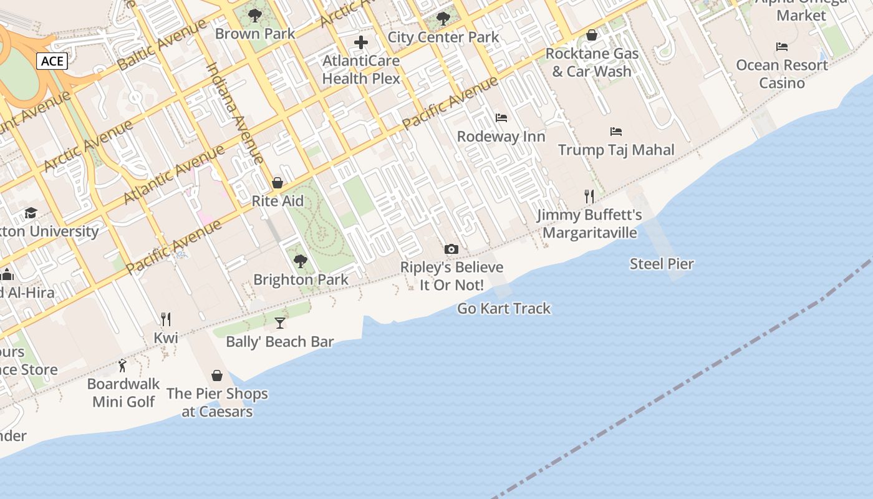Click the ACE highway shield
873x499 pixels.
[x=52, y=61]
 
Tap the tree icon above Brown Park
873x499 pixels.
[x=254, y=15]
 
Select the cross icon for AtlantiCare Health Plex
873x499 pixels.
[x=361, y=42]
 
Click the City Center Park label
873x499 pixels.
[x=443, y=37]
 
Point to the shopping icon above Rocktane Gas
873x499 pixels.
[x=592, y=35]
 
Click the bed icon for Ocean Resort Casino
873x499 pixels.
[x=782, y=47]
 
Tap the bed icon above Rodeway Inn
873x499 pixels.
[x=501, y=117]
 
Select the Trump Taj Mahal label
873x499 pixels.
[x=616, y=150]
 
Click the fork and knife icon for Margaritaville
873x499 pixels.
[x=589, y=196]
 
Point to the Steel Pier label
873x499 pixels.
[x=662, y=264]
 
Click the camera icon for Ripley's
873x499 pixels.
[x=451, y=249]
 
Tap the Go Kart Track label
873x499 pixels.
[x=504, y=308]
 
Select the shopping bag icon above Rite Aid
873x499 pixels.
[x=277, y=183]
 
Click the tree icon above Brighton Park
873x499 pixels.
[x=301, y=261]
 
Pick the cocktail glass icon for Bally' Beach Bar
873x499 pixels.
[x=280, y=322]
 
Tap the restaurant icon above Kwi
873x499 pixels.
[x=166, y=319]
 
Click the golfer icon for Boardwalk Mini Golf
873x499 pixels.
[x=123, y=366]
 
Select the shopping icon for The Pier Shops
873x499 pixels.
[x=217, y=375]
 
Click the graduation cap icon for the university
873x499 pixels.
[x=31, y=213]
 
